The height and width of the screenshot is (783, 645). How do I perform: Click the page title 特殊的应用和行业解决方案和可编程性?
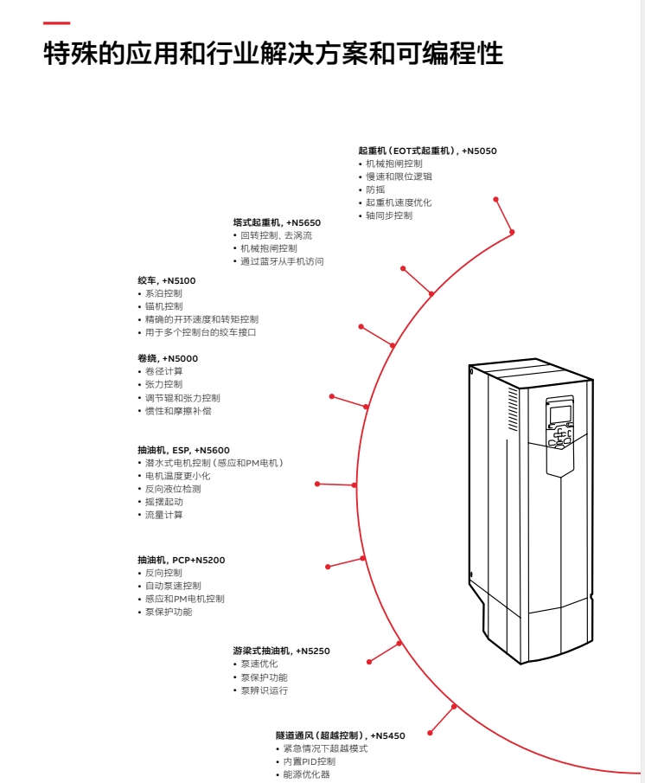pos(273,55)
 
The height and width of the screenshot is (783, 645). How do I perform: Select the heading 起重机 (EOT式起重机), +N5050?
pos(427,151)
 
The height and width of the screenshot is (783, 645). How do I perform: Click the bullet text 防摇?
pos(375,189)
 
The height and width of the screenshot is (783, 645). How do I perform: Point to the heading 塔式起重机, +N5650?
pos(277,222)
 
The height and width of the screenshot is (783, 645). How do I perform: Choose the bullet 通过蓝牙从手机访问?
pos(282,261)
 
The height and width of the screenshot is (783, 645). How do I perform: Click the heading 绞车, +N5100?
pos(167,280)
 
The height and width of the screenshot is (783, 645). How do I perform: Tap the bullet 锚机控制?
pos(163,306)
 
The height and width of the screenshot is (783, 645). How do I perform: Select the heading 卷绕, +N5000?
pos(168,358)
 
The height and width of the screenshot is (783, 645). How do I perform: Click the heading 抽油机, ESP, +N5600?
pos(183,450)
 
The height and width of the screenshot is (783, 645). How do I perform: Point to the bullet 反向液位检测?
pos(173,489)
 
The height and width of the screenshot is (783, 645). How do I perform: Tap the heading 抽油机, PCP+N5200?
pos(181,560)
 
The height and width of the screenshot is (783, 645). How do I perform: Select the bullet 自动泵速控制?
pos(173,586)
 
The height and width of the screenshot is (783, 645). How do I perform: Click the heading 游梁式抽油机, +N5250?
pos(281,651)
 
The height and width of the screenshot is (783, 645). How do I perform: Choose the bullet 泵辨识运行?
pos(264,690)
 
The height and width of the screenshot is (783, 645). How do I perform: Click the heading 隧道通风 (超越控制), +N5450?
pos(340,735)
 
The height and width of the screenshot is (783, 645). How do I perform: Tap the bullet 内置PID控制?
pos(309,761)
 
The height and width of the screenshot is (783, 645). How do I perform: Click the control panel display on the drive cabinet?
pos(559,414)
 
